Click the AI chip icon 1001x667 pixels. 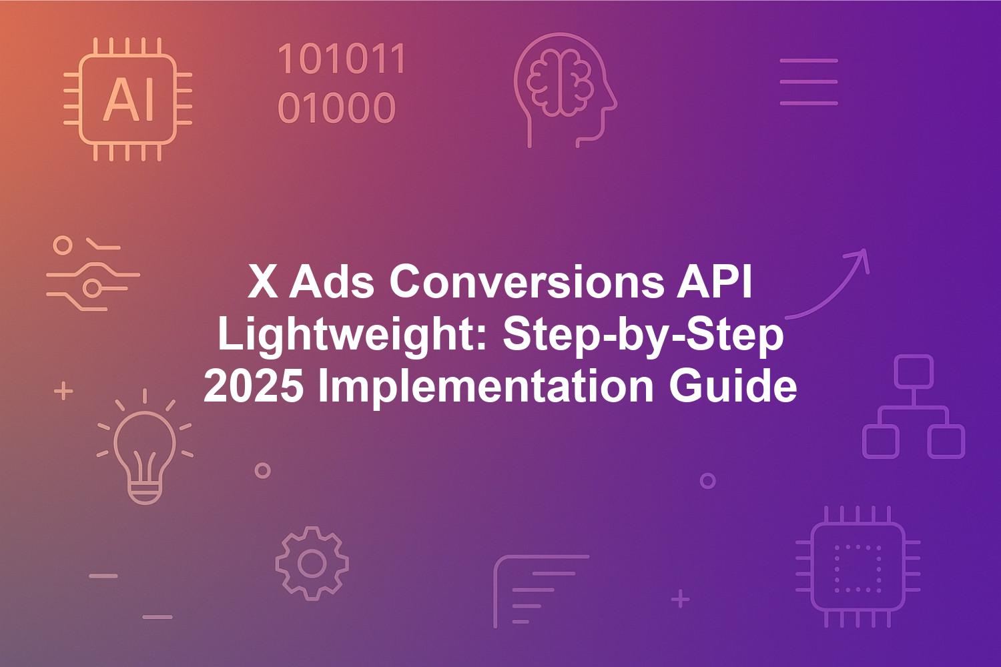pos(128,99)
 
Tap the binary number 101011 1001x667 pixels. pos(342,59)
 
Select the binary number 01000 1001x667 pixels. pos(336,107)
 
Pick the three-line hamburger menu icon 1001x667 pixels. pos(809,82)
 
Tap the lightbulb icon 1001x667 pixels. pos(144,447)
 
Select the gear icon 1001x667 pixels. pos(312,564)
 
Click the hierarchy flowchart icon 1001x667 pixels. pos(914,407)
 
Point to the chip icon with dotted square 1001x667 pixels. pos(858,566)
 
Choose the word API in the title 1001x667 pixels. pos(714,282)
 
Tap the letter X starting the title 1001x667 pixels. pos(263,282)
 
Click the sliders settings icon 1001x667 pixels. pos(93,273)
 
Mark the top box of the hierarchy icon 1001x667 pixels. pos(914,372)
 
